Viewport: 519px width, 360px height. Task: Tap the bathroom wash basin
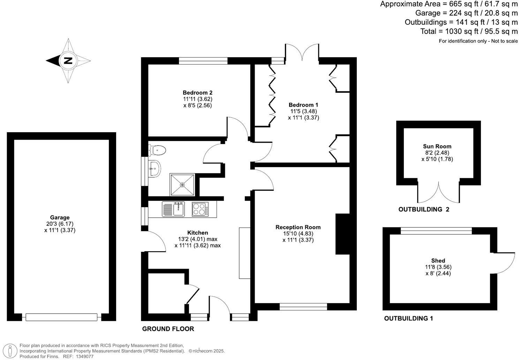154,169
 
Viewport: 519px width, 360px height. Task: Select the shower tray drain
182,185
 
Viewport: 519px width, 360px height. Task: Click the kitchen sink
178,209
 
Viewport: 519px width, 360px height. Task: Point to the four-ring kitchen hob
199,209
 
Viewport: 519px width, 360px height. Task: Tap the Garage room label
60,217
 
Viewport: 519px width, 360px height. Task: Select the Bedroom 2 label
197,93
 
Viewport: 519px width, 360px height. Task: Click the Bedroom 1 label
303,105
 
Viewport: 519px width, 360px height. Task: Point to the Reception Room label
298,227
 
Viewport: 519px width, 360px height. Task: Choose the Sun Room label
437,146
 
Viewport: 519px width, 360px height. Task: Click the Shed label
438,261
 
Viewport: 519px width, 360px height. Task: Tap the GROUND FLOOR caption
168,329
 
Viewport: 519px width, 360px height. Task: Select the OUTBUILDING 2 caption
424,210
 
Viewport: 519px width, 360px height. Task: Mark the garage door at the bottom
61,317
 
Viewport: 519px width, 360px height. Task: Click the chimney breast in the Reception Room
343,234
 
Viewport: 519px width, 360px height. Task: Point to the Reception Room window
303,307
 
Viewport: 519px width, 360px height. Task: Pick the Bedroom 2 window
203,61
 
